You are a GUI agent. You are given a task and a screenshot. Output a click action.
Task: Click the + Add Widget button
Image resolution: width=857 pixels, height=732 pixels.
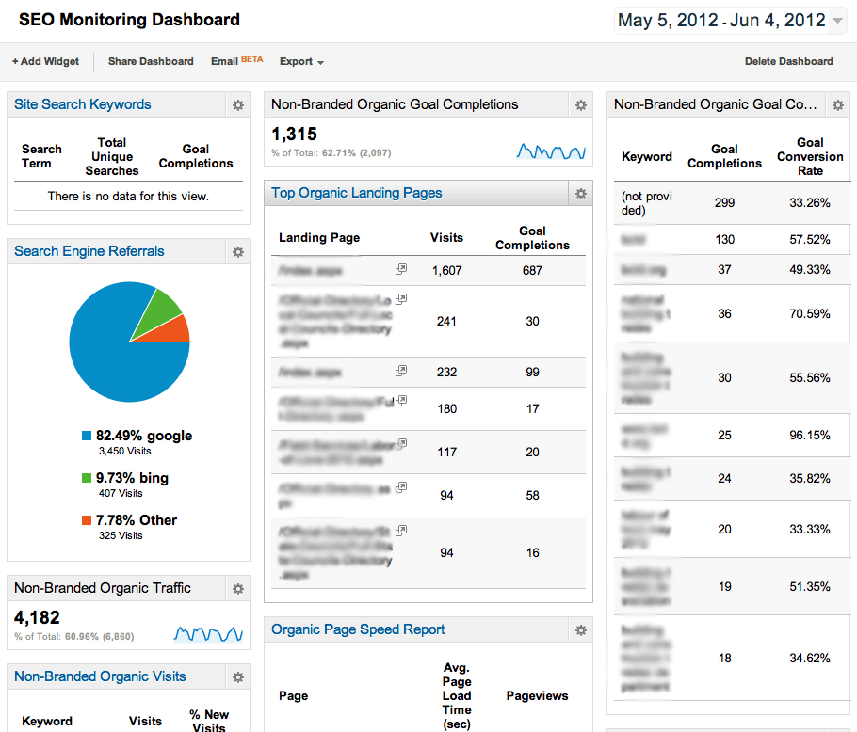45,61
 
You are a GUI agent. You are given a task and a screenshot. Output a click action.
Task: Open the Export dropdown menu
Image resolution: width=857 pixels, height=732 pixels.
301,61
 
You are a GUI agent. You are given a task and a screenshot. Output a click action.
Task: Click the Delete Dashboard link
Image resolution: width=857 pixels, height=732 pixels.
788,61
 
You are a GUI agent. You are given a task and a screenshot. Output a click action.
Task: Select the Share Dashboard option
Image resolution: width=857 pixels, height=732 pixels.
151,61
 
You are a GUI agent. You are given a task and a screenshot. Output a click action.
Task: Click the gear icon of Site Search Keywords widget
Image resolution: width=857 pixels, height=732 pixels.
238,105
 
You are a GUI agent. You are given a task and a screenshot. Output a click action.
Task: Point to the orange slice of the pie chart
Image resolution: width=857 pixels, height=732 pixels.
177,329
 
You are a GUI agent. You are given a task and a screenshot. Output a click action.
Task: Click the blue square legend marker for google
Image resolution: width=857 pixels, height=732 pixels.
87,436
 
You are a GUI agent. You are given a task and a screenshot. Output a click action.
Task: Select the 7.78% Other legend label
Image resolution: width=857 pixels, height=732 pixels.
136,519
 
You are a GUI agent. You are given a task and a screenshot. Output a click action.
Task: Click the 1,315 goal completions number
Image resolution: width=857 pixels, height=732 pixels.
295,135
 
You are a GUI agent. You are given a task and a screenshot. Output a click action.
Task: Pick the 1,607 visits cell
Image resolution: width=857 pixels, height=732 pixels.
446,270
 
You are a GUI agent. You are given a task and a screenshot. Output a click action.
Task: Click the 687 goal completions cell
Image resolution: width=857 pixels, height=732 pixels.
532,270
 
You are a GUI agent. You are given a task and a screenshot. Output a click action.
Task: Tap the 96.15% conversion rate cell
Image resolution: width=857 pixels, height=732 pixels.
810,436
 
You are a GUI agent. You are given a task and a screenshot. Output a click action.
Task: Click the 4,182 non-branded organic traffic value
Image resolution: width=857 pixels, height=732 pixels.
38,618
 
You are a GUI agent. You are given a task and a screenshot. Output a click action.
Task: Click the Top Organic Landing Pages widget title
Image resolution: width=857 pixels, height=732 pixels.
356,193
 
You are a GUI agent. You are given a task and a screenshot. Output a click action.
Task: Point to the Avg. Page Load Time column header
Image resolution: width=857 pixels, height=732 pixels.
457,695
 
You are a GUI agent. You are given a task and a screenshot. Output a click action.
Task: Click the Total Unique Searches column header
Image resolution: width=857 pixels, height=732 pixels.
111,156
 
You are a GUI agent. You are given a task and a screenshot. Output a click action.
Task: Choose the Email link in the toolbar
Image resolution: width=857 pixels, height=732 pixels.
225,61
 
